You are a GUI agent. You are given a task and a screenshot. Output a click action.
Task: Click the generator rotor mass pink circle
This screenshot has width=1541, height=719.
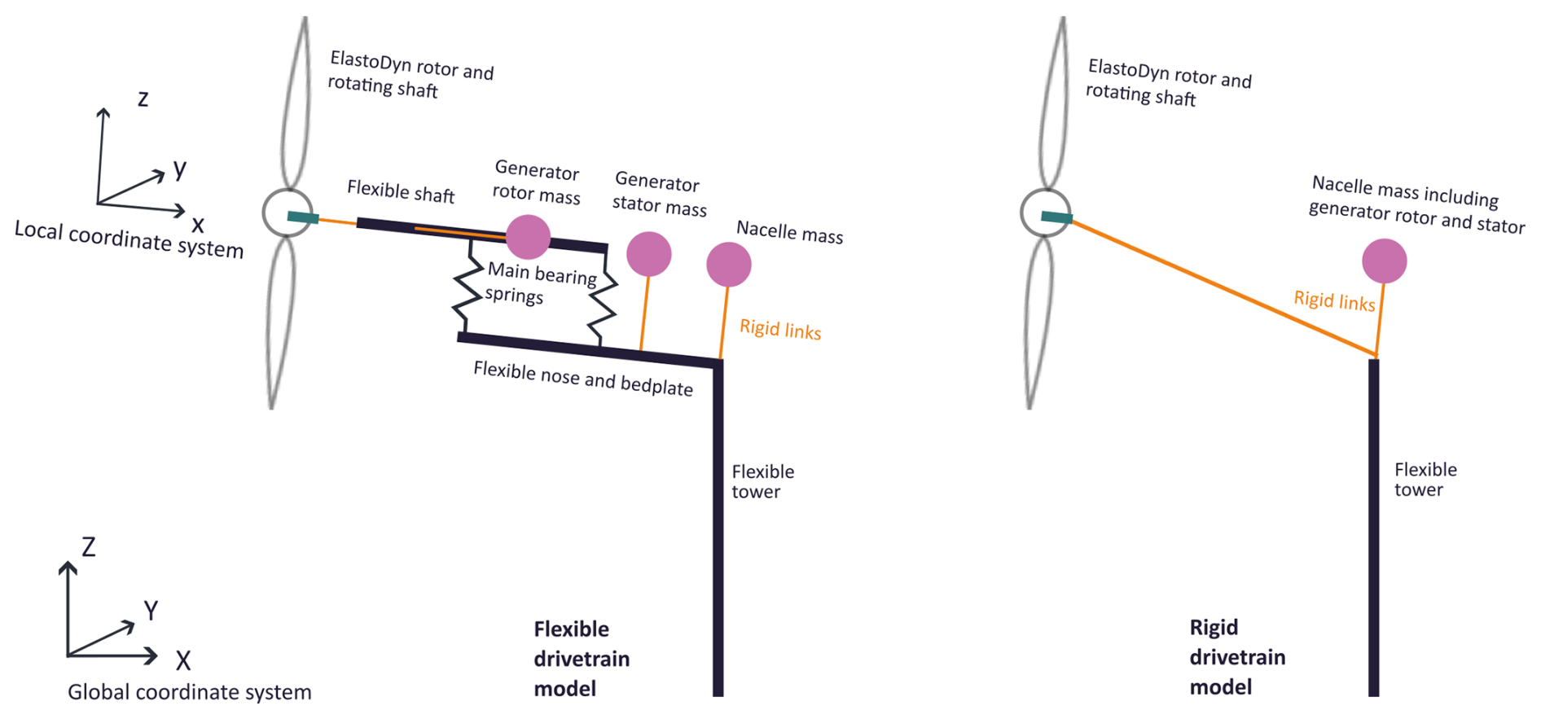528,237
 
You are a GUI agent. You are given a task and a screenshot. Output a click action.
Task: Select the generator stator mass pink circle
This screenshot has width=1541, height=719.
648,254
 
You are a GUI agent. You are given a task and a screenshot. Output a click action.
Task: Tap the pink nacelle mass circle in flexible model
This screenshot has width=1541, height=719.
728,265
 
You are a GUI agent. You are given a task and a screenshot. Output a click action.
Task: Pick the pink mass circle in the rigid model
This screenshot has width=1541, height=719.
1384,261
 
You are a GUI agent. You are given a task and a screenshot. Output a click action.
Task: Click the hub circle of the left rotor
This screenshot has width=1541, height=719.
287,213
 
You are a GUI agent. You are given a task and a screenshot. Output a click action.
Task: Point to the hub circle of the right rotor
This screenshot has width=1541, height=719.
1044,213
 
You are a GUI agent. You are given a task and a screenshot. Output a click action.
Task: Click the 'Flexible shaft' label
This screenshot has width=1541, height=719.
401,192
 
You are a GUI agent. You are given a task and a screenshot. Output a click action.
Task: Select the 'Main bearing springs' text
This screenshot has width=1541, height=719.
541,283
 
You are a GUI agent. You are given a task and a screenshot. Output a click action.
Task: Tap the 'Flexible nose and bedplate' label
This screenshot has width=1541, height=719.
583,379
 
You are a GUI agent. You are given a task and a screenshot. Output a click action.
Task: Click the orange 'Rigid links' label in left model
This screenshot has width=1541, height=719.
780,329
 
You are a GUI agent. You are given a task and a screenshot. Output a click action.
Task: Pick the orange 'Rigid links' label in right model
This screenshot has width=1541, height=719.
1334,300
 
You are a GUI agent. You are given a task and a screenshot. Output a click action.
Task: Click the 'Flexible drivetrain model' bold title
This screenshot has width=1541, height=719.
582,658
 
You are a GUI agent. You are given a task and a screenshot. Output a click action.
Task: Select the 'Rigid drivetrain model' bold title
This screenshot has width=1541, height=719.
1237,656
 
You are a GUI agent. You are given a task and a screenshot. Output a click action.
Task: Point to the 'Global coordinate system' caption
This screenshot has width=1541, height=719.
189,692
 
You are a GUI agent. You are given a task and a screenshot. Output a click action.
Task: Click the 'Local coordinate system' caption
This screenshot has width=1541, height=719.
129,239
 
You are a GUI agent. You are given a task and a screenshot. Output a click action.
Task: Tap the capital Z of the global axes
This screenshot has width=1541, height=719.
89,547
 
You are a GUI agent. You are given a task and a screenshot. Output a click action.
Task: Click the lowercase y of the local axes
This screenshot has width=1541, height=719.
180,169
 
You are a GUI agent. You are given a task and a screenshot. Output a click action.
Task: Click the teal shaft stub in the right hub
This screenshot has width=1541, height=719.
1056,217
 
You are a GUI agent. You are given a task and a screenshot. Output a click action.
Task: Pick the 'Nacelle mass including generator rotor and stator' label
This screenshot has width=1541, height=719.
1416,205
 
